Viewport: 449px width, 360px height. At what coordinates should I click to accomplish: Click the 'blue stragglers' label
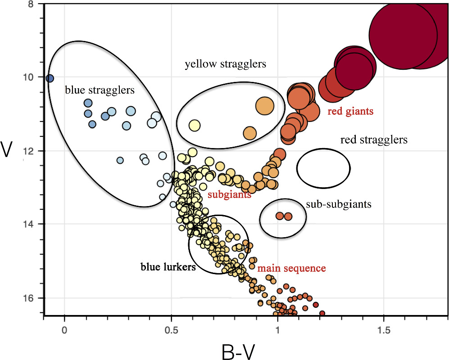100,90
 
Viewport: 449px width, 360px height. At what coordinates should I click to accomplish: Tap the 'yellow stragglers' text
225,64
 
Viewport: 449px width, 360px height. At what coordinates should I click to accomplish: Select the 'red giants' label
350,111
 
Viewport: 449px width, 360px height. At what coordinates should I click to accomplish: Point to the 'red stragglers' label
374,140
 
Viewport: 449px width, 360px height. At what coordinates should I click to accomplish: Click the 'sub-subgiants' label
338,204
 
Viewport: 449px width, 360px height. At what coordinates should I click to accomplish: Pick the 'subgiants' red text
229,195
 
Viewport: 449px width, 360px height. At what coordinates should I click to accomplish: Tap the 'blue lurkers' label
168,267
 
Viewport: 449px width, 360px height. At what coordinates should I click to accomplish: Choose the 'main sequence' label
291,268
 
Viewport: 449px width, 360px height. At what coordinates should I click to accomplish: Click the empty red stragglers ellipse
323,168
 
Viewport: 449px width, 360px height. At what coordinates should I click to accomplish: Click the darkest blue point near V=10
50,78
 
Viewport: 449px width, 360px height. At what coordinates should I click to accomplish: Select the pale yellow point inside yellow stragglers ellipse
195,125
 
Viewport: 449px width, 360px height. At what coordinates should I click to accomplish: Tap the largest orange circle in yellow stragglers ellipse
264,105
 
